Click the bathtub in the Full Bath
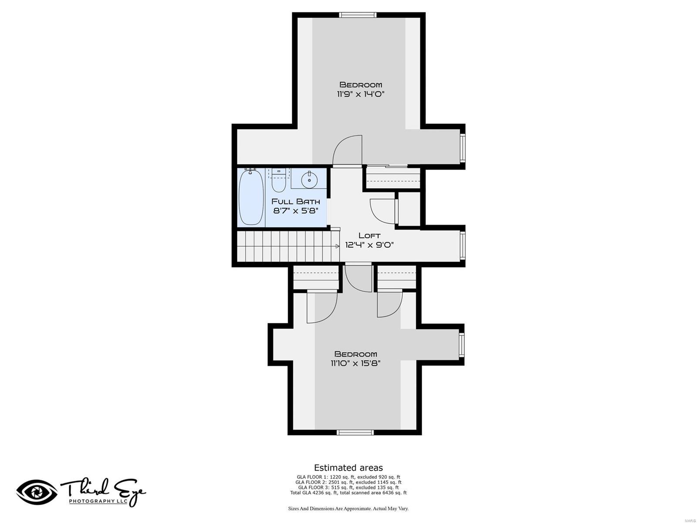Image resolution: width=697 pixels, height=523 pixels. point(251,197)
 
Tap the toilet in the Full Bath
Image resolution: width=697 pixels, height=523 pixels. point(278,182)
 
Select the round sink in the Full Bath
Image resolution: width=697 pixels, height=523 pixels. point(309,179)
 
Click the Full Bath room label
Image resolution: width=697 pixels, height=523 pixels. point(296,201)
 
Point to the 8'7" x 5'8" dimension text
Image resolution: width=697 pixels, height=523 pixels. point(296,211)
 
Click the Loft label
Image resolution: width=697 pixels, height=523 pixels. point(369,235)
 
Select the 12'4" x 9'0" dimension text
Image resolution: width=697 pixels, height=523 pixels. point(369,245)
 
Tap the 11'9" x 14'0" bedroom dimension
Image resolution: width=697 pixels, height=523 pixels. point(361,94)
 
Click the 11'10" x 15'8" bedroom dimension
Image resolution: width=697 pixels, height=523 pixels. point(355,363)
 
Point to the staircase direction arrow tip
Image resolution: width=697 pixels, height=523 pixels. point(338,246)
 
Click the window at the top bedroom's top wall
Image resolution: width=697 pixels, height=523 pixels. point(358,15)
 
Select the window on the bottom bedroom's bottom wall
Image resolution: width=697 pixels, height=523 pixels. point(355,432)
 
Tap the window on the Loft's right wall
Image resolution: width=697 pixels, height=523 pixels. point(463,246)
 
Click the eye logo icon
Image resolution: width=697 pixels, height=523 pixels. point(37,492)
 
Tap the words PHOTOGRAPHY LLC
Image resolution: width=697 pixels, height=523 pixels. point(98,501)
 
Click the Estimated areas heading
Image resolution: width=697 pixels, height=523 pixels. point(348,468)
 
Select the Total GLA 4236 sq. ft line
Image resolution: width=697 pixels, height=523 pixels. point(348,493)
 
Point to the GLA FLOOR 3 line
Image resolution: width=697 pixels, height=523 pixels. point(348,488)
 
